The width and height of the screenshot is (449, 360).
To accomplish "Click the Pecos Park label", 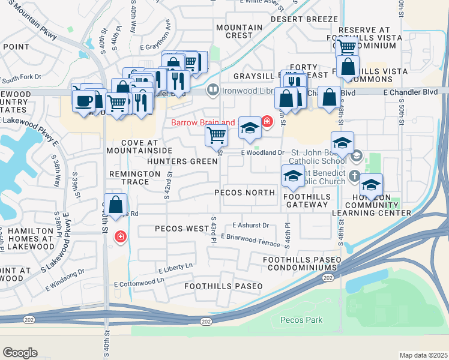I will (301, 320).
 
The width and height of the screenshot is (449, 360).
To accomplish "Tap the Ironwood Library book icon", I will (212, 91).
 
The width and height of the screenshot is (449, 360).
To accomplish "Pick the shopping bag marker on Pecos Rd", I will (116, 205).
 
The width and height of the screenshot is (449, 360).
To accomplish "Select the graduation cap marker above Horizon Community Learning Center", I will (372, 184).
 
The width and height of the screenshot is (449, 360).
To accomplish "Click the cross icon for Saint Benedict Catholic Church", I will (355, 176).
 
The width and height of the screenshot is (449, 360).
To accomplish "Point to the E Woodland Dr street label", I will (262, 153).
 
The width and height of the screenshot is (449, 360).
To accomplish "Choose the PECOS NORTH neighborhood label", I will (244, 193).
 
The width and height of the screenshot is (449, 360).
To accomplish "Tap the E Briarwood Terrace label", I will (250, 239).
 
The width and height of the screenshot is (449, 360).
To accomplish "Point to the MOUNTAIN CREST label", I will (239, 31).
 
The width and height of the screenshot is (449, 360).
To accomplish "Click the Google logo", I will (20, 353).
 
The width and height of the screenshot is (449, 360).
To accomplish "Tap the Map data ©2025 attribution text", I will (423, 355).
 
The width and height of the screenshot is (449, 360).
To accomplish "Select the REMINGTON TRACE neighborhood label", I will (134, 177).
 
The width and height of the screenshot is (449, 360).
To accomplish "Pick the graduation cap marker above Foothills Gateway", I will (293, 176).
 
